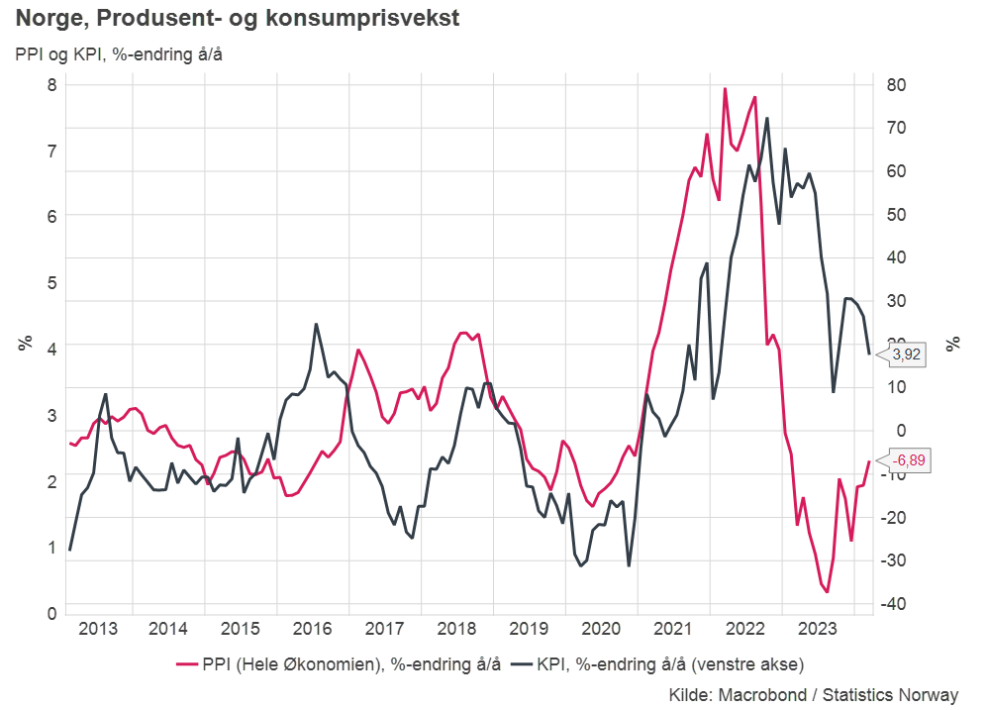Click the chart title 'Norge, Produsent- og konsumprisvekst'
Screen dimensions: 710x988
tap(238, 18)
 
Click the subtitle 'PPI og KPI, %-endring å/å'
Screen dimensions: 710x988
tap(119, 53)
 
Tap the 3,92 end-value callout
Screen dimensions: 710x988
tap(907, 354)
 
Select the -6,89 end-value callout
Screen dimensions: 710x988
tap(910, 460)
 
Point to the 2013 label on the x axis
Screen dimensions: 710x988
tap(97, 629)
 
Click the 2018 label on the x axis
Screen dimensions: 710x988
tap(457, 629)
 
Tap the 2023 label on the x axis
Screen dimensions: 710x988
tap(818, 629)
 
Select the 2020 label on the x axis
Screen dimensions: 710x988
tap(601, 629)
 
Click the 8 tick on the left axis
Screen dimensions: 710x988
tap(52, 85)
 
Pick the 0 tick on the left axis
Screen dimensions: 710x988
tap(52, 614)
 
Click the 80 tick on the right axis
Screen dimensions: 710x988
tap(895, 85)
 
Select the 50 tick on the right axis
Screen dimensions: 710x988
tap(895, 215)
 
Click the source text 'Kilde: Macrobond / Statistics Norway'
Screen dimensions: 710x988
tap(814, 694)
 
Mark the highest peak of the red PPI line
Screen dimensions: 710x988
tap(725, 88)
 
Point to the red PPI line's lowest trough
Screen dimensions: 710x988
tap(828, 591)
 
